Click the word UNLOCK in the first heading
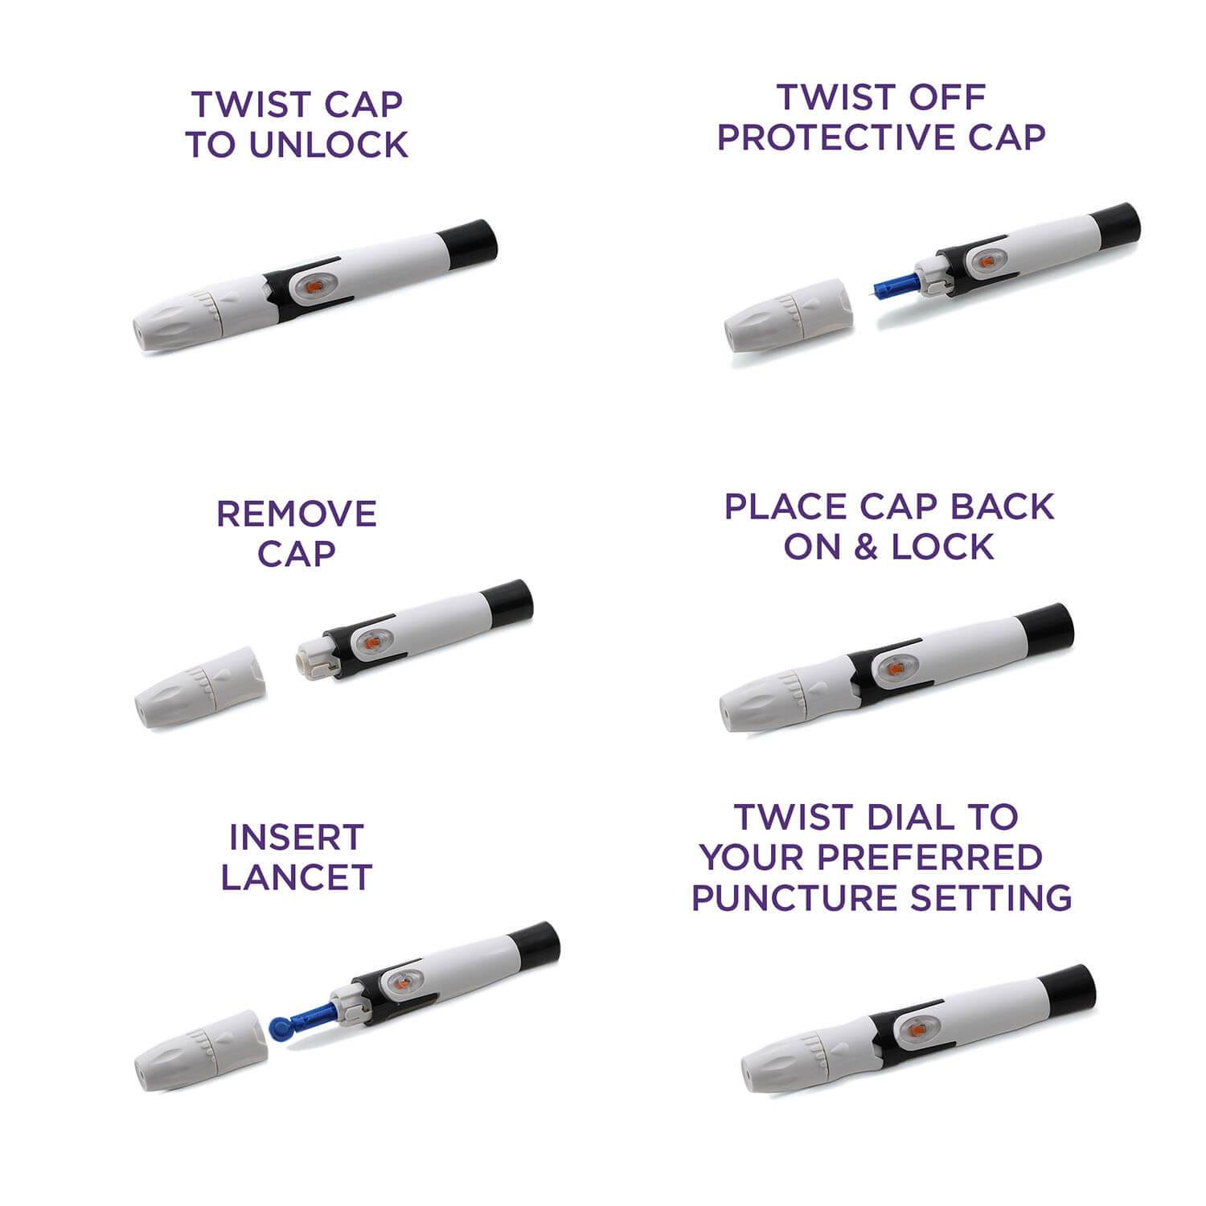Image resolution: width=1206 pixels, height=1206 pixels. pyautogui.click(x=330, y=145)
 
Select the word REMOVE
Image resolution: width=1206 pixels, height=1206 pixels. pyautogui.click(x=297, y=515)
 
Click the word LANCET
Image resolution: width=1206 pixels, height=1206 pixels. pyautogui.click(x=297, y=877)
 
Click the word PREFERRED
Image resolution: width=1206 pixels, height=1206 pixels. pyautogui.click(x=930, y=857)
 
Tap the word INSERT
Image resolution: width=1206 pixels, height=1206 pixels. pyautogui.click(x=297, y=838)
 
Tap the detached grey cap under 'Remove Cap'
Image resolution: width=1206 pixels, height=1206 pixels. pyautogui.click(x=201, y=686)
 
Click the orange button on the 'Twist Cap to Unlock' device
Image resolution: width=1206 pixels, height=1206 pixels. pyautogui.click(x=314, y=287)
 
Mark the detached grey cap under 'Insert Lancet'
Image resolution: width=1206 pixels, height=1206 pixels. pyautogui.click(x=201, y=1050)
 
